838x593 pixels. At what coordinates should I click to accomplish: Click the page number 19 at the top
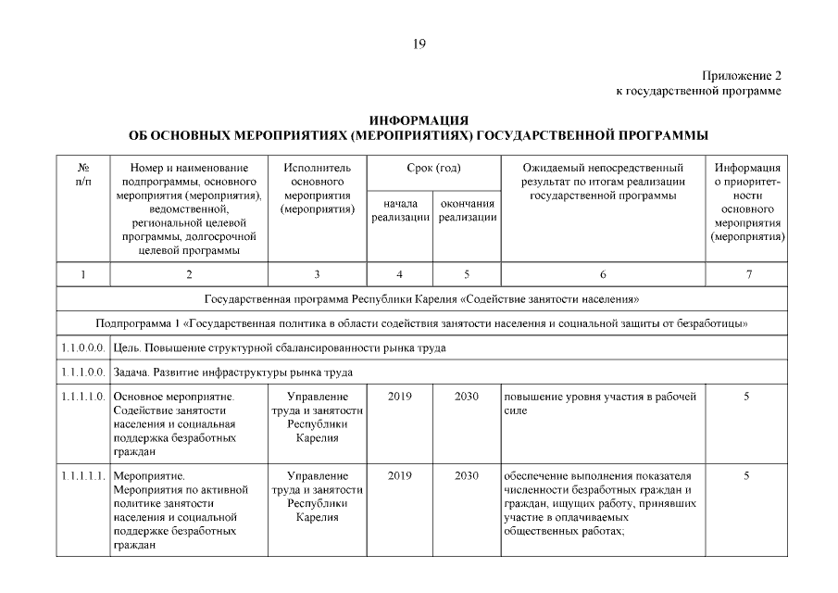(419, 43)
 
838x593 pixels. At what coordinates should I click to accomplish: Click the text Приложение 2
(742, 75)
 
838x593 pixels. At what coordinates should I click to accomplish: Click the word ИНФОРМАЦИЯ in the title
(419, 121)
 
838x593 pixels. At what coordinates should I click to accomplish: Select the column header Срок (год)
(433, 169)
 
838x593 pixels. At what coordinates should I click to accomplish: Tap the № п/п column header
(82, 174)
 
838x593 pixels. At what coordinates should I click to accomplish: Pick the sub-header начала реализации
(400, 210)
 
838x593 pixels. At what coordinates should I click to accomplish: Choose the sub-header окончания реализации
(467, 210)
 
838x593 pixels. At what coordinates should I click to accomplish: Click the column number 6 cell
(603, 274)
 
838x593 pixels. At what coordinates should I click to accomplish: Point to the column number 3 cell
(318, 274)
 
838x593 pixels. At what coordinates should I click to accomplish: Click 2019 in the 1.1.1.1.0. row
(400, 397)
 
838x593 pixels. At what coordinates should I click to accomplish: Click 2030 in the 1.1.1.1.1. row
(467, 476)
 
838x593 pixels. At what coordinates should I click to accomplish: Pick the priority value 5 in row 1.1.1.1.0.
(746, 397)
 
